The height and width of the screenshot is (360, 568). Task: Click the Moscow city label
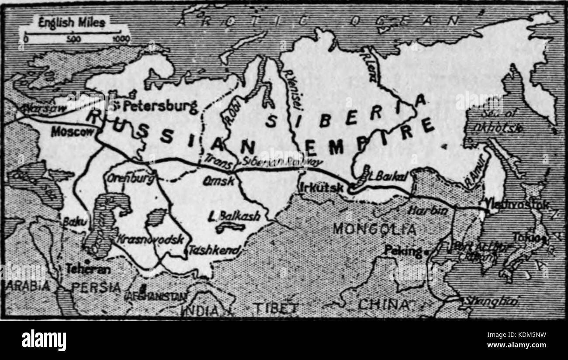point(72,131)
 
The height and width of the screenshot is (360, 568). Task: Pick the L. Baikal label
point(388,175)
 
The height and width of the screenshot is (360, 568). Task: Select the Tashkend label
point(214,250)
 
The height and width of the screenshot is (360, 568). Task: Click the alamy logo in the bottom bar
point(44,340)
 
